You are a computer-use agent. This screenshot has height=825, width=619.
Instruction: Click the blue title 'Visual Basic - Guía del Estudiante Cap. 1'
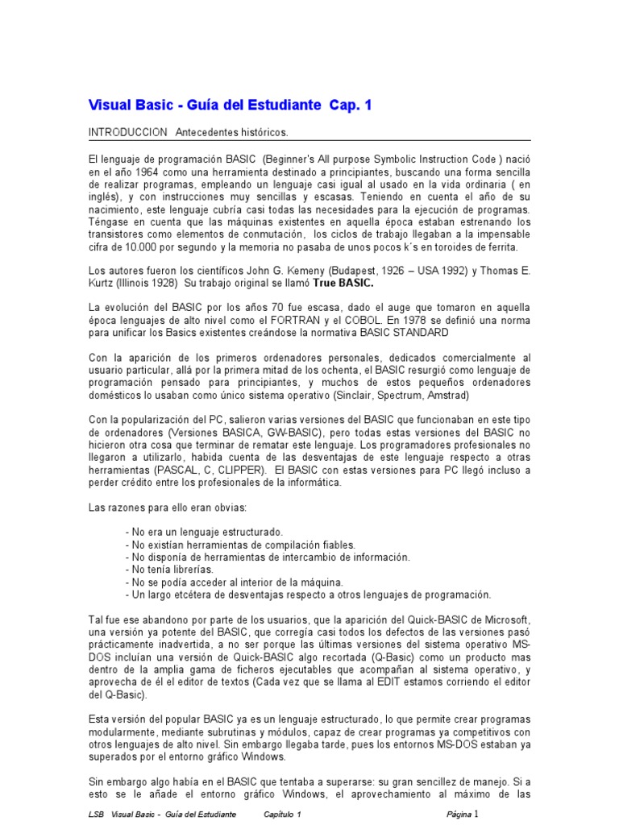[230, 106]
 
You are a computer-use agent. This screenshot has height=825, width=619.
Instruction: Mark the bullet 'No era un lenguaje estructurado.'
[205, 533]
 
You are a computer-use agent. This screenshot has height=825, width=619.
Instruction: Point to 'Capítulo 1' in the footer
[282, 815]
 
